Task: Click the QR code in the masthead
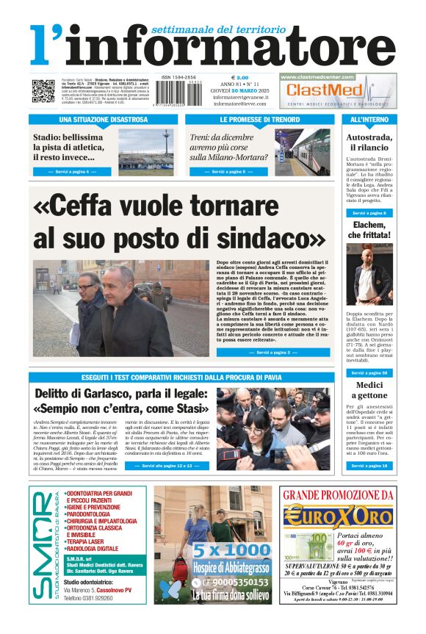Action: click(43, 91)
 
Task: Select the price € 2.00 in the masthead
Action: click(240, 77)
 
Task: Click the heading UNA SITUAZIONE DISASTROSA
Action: click(103, 119)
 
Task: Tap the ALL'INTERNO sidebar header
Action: click(369, 119)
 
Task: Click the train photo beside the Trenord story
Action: click(302, 151)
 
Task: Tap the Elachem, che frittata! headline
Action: click(369, 229)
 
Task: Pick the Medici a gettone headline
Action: click(369, 391)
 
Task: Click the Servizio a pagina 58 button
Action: click(369, 373)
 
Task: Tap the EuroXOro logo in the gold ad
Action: click(337, 516)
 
